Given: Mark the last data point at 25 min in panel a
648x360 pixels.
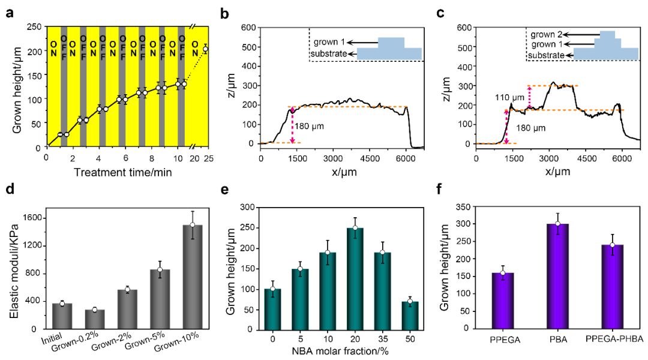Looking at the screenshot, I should click(205, 49).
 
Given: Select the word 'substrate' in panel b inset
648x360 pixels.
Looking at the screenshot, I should click(328, 55).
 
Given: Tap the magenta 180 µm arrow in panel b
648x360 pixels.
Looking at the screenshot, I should click(293, 125).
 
